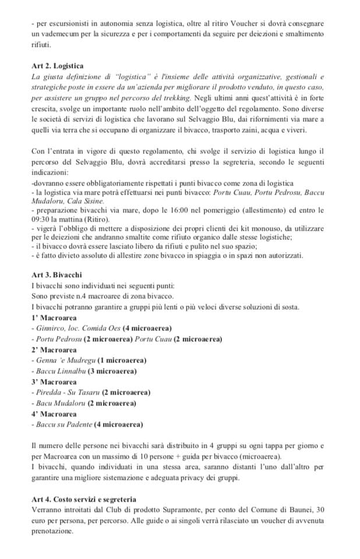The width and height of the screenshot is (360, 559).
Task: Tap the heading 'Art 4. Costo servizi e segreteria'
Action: tap(84, 499)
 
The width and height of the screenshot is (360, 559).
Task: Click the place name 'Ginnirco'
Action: tap(50, 329)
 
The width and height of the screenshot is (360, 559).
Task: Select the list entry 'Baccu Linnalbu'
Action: tap(61, 371)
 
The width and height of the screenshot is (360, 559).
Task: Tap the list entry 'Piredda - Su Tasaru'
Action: tap(67, 392)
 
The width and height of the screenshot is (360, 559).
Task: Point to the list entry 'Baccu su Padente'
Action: tap(64, 424)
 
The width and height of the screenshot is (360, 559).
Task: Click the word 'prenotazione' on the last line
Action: tap(52, 531)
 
